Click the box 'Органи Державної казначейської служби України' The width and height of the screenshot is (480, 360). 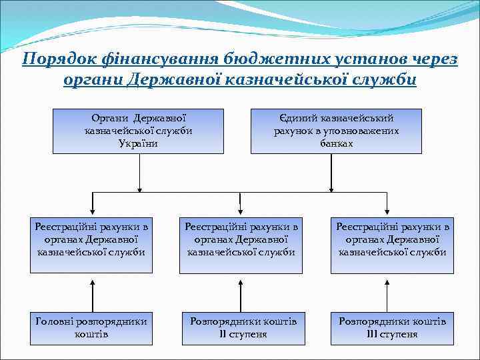click(x=139, y=131)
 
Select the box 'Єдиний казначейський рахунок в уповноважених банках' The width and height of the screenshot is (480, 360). click(x=336, y=131)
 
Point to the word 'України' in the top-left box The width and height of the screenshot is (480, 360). click(x=139, y=143)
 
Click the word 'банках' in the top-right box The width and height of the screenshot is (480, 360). click(x=336, y=143)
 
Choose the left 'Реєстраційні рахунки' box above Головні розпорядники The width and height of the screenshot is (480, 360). click(x=91, y=240)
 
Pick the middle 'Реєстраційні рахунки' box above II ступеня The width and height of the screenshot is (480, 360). click(x=241, y=240)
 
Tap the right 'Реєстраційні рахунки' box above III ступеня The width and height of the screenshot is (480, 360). click(x=392, y=240)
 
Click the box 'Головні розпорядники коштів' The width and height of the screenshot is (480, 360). click(x=91, y=327)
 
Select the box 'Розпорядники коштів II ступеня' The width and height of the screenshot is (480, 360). click(x=241, y=327)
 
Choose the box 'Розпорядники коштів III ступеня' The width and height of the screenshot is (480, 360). click(x=392, y=327)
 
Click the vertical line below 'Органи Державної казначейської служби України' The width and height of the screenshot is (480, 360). click(x=139, y=172)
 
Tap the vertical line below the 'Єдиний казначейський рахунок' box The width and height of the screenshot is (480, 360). click(x=337, y=172)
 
